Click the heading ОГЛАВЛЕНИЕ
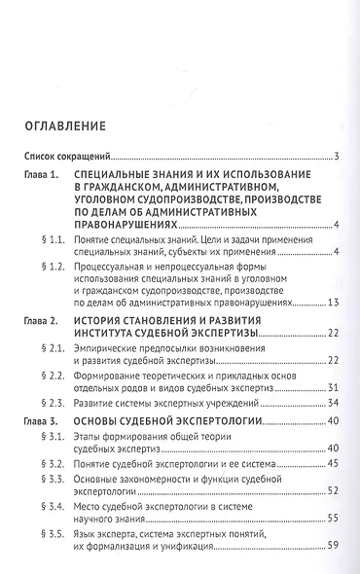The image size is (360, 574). [x=73, y=125]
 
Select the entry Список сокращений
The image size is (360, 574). [x=66, y=156]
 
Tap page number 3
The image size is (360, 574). [x=335, y=156]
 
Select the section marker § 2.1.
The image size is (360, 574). [x=48, y=346]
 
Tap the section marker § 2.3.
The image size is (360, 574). [x=48, y=402]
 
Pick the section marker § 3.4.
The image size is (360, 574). [x=48, y=529]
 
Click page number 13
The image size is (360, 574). [x=332, y=303]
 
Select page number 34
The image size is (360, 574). [x=332, y=402]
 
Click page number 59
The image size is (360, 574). [x=332, y=571]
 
